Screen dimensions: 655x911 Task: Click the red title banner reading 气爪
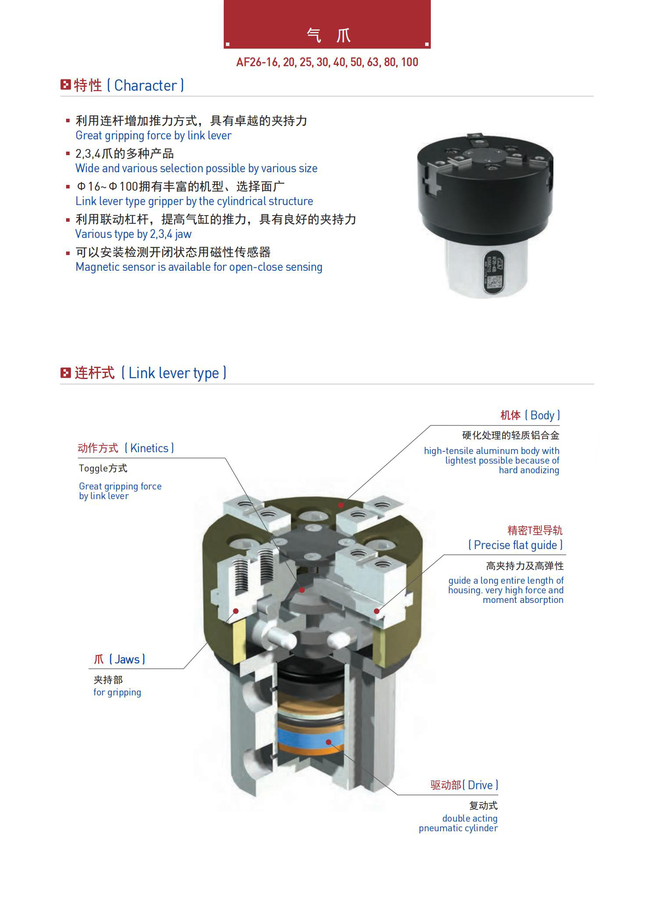(327, 24)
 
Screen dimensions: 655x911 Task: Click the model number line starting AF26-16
(327, 62)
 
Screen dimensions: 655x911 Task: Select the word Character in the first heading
(146, 85)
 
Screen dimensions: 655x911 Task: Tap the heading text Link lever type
(174, 373)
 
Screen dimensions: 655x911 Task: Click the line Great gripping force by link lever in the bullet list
(153, 135)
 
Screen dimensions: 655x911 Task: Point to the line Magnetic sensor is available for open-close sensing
(199, 267)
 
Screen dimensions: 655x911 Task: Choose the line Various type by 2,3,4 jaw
(133, 234)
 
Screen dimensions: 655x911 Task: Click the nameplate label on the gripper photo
(493, 270)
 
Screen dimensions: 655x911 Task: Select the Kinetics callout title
(126, 448)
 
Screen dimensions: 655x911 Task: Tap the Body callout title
(530, 415)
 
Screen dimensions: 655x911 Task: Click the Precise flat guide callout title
(515, 545)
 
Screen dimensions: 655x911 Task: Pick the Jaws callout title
(119, 659)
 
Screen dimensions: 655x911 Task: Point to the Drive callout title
(464, 785)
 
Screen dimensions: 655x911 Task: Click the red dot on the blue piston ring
(328, 742)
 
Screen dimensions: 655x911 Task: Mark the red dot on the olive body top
(341, 505)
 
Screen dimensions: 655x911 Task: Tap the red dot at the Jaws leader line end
(236, 611)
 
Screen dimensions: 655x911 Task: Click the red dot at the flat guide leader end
(377, 611)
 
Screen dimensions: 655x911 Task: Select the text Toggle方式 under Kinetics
(103, 468)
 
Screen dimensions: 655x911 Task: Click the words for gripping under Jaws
(117, 692)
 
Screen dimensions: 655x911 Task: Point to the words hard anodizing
(529, 470)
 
